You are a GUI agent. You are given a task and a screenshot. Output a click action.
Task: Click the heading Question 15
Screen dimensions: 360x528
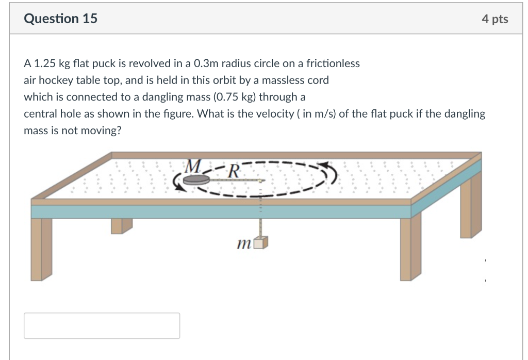pos(60,19)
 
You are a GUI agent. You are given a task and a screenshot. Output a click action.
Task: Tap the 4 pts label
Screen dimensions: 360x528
pos(494,19)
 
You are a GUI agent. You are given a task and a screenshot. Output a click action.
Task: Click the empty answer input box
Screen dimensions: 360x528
pos(102,325)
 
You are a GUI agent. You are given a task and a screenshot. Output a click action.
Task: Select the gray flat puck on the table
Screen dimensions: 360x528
pos(195,179)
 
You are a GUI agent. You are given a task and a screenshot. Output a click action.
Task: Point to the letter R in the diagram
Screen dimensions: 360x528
pos(233,170)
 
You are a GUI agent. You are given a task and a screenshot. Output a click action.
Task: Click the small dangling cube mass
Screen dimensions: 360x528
pos(262,243)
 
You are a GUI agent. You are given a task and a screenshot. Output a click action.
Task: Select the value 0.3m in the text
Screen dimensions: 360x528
pos(206,63)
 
